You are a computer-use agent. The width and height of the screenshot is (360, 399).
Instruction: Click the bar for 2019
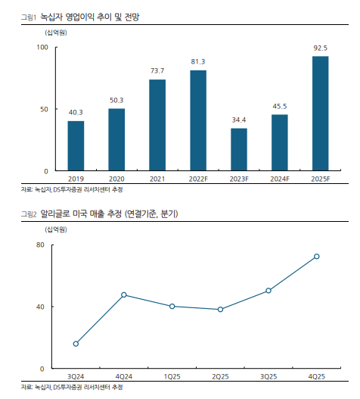pos(76,146)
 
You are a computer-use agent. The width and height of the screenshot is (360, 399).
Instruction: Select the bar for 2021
pos(157,125)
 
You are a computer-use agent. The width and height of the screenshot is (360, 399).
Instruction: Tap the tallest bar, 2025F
pos(321,114)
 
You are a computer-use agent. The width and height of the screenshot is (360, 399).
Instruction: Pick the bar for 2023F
pos(239,149)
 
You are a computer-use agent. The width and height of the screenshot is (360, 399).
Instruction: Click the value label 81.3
pos(198,61)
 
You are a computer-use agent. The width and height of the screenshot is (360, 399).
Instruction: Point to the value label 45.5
pos(280,106)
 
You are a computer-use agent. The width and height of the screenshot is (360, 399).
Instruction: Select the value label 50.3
pos(116,100)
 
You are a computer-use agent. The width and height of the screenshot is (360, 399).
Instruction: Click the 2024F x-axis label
pos(280,179)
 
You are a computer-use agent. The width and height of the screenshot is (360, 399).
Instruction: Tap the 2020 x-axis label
pos(116,179)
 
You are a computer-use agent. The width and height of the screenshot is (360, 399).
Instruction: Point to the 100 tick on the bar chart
pos(42,48)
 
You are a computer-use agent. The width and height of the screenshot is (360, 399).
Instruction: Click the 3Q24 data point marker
pos(76,344)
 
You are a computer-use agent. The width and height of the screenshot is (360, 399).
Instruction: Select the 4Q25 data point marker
pos(317,257)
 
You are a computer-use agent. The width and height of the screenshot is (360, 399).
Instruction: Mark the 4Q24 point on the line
pos(124,295)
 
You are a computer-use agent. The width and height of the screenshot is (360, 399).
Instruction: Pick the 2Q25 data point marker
pos(220,310)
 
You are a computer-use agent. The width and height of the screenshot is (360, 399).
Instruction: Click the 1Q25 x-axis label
pos(172,376)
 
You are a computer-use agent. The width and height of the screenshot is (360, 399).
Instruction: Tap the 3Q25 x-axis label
pos(268,376)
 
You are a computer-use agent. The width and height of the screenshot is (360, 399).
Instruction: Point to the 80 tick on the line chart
pos(40,245)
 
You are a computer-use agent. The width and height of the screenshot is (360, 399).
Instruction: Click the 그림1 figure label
pos(29,17)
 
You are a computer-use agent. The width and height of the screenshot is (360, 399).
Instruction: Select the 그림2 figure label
pos(29,214)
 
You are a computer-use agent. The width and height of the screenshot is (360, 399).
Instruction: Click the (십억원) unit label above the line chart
pos(56,229)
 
